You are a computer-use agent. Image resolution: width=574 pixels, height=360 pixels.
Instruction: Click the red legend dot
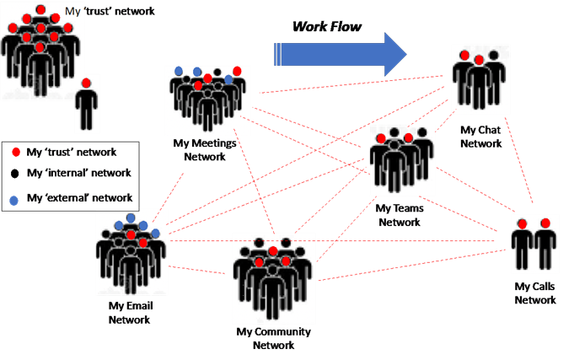pos(15,153)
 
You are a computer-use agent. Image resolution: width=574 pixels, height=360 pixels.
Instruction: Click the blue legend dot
pos(13,201)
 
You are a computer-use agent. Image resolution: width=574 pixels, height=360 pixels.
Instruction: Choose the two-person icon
pos(534,244)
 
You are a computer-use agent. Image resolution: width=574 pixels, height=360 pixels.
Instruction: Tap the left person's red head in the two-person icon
pos(523,224)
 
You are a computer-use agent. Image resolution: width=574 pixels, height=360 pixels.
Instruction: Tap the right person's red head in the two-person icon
pos(545,224)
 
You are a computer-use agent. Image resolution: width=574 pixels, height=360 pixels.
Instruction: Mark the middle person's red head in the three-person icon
pos(479,60)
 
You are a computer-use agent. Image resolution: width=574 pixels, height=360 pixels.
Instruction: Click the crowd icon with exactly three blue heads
pos(206,98)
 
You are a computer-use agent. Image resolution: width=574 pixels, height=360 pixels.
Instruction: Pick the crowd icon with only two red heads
pos(402,160)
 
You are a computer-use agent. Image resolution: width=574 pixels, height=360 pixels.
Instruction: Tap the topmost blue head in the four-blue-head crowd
pos(131,218)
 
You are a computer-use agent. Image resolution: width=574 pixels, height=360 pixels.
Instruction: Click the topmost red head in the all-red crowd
pos(40,9)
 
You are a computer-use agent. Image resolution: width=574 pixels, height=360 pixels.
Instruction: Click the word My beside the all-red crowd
pos(73,12)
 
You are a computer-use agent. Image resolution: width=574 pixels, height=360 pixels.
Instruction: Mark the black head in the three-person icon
pos(495,56)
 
